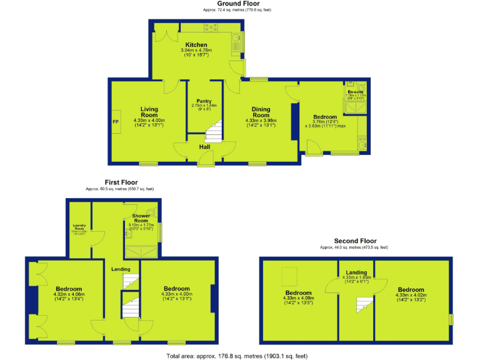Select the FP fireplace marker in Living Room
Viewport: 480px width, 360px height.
(x=116, y=122)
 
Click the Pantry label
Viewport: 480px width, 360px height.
(x=204, y=101)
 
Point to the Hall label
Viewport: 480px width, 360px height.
(x=204, y=147)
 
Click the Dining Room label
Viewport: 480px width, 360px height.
(x=261, y=112)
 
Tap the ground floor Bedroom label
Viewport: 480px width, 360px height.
(x=325, y=117)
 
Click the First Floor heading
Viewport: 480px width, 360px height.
(x=121, y=182)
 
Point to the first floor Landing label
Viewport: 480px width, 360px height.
(x=121, y=269)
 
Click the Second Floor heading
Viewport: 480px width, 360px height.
(x=355, y=241)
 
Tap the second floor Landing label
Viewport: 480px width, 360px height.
(x=356, y=272)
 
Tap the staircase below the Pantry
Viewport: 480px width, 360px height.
(x=214, y=132)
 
